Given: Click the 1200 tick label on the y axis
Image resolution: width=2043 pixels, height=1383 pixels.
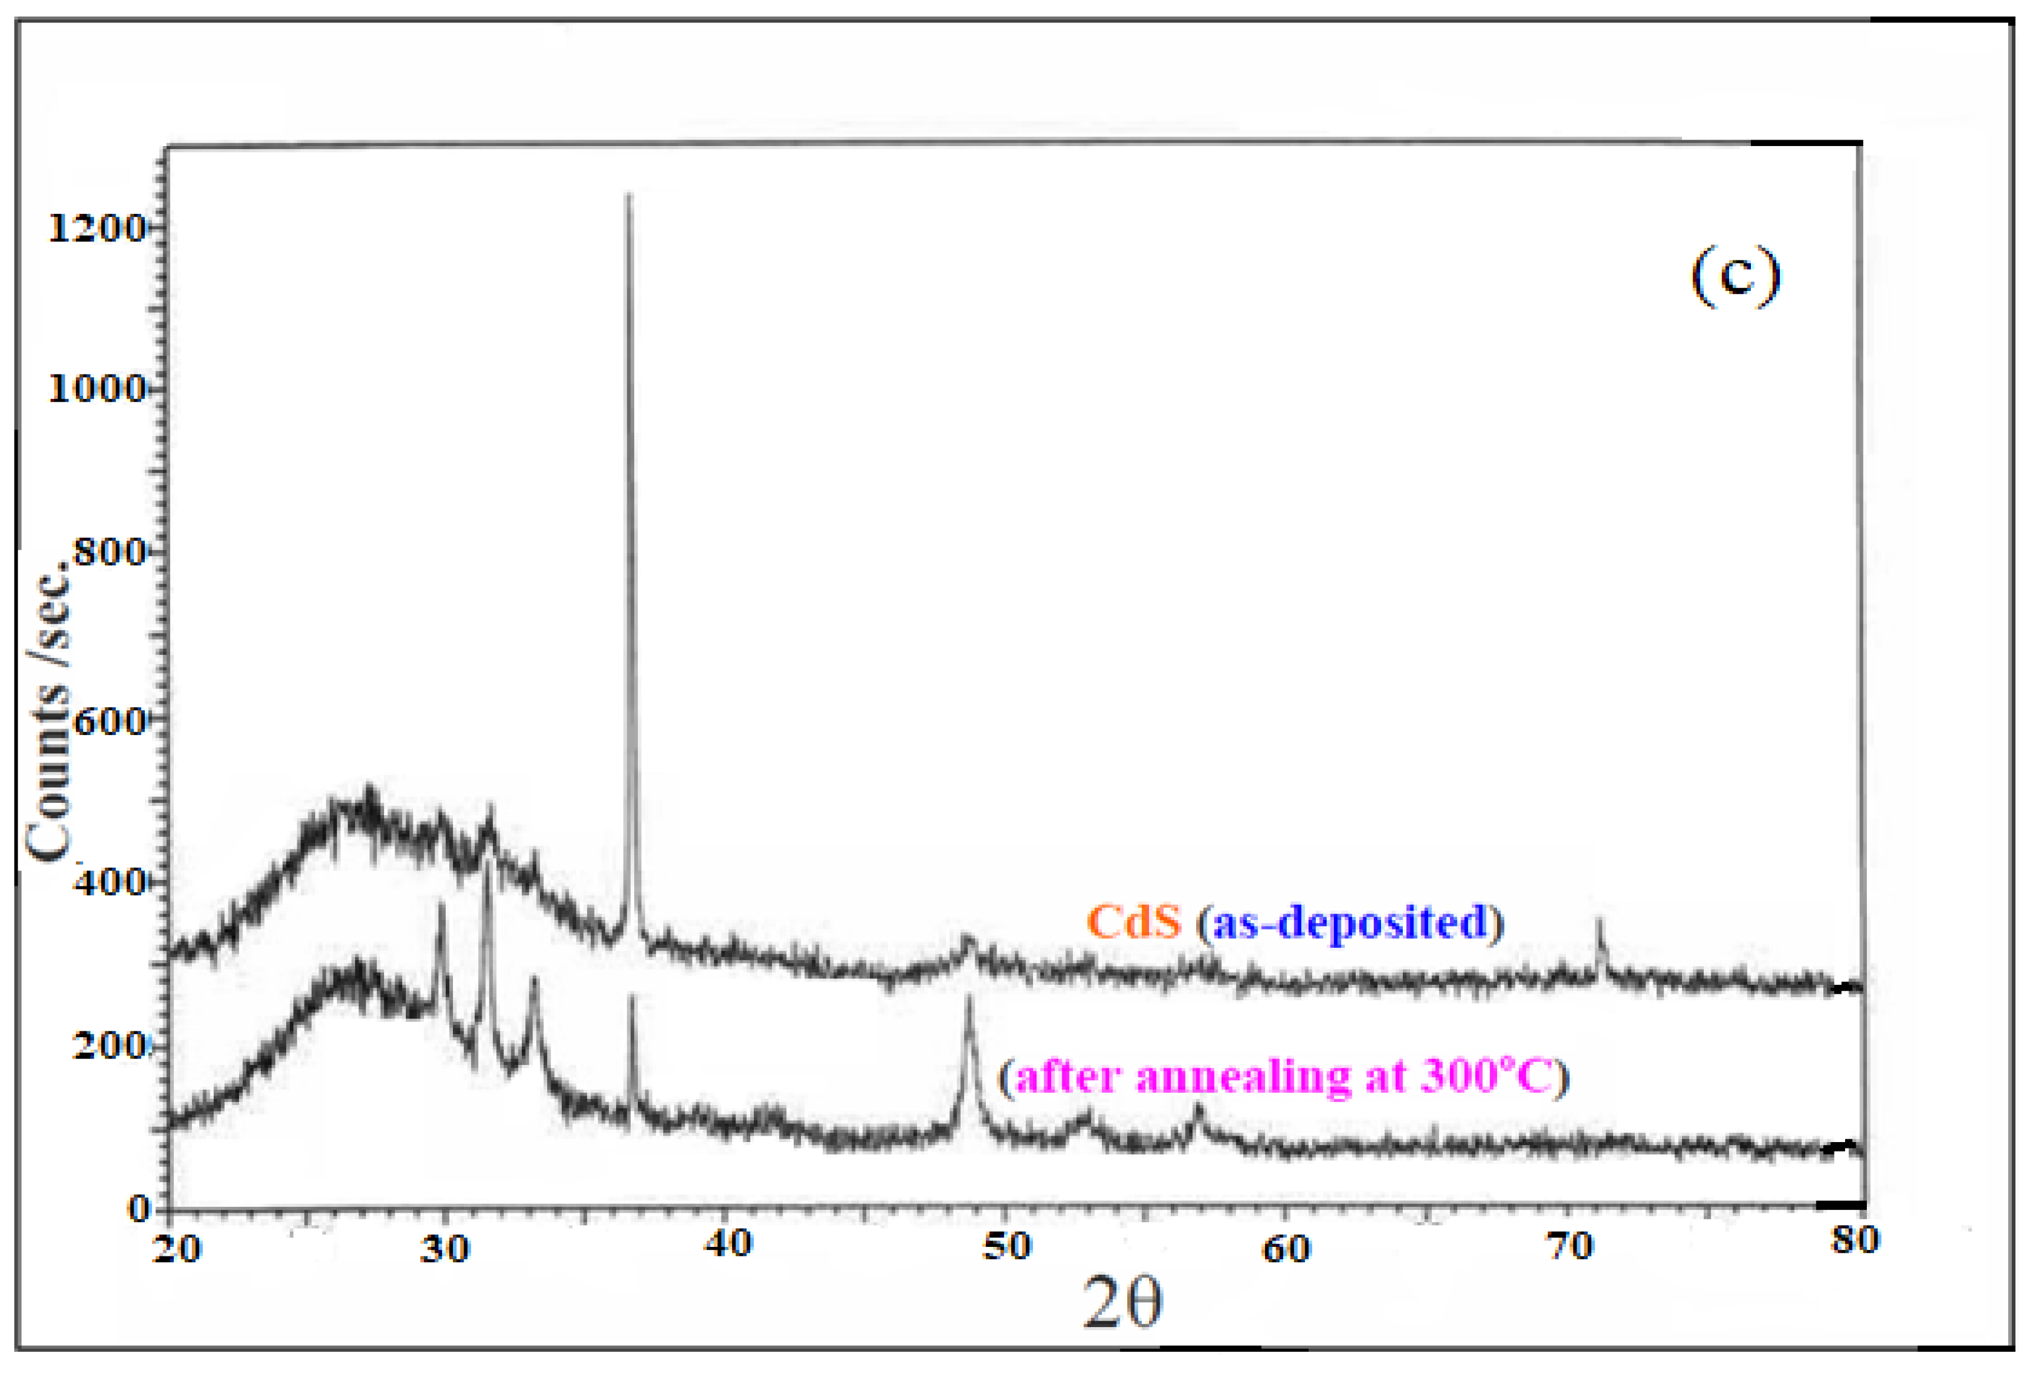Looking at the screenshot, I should pyautogui.click(x=95, y=229).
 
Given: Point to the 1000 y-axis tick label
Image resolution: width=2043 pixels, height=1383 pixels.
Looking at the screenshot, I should pyautogui.click(x=95, y=389).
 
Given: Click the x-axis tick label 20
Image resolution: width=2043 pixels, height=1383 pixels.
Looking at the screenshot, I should pyautogui.click(x=177, y=1248).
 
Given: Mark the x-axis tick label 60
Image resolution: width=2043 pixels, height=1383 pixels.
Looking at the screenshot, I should pyautogui.click(x=1286, y=1248).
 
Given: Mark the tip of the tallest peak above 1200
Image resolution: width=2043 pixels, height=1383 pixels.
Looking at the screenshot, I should pyautogui.click(x=628, y=195).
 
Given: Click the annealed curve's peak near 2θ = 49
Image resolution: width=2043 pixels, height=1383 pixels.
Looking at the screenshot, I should pyautogui.click(x=969, y=996).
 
